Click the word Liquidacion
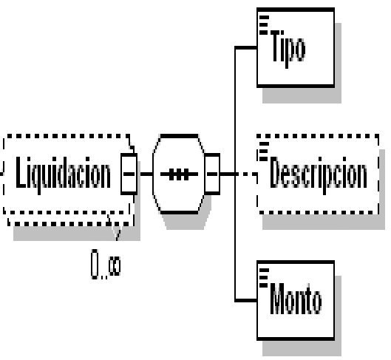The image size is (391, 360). pyautogui.click(x=63, y=175)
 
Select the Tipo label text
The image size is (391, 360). pyautogui.click(x=288, y=50)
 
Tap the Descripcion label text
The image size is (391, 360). pyautogui.click(x=319, y=175)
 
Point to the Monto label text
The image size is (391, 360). pyautogui.click(x=296, y=299)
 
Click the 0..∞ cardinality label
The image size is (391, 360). pyautogui.click(x=106, y=264)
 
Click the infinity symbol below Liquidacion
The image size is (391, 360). pyautogui.click(x=115, y=266)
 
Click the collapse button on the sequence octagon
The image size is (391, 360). pyautogui.click(x=212, y=174)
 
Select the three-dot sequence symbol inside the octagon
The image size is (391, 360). pyautogui.click(x=179, y=174)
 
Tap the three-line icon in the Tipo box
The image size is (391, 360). pyautogui.click(x=264, y=25)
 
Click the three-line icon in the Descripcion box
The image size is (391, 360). pyautogui.click(x=264, y=152)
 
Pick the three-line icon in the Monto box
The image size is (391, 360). pyautogui.click(x=264, y=278)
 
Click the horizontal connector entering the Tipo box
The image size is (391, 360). pyautogui.click(x=246, y=47)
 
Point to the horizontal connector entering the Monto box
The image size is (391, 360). pyautogui.click(x=246, y=300)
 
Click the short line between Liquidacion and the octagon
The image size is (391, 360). pyautogui.click(x=146, y=174)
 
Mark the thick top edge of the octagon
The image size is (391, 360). pyautogui.click(x=179, y=136)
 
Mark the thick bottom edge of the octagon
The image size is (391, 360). pyautogui.click(x=179, y=212)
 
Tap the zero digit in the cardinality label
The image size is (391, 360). pyautogui.click(x=95, y=264)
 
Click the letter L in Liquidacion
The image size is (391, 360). pyautogui.click(x=21, y=172)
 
